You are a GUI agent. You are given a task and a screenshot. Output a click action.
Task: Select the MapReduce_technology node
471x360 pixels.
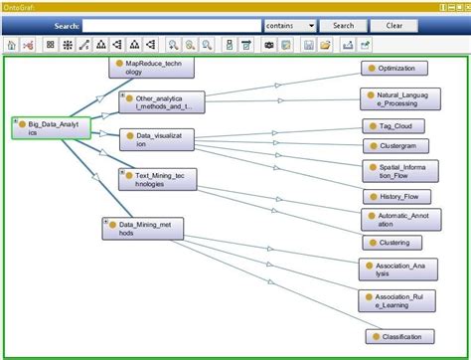pyautogui.click(x=150, y=67)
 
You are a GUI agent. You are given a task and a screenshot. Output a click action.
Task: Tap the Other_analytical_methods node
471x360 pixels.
pyautogui.click(x=162, y=101)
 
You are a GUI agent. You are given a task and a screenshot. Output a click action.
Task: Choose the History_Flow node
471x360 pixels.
pyautogui.click(x=394, y=197)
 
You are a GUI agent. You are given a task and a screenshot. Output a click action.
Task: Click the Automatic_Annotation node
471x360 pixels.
pyautogui.click(x=397, y=218)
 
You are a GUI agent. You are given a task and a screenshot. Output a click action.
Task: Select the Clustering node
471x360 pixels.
pyautogui.click(x=393, y=242)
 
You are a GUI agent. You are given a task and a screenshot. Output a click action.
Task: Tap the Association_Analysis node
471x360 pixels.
pyautogui.click(x=397, y=269)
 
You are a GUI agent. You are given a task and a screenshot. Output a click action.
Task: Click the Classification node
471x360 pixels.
pyautogui.click(x=397, y=336)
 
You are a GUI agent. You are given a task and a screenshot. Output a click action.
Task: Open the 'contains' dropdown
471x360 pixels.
pyautogui.click(x=290, y=25)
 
